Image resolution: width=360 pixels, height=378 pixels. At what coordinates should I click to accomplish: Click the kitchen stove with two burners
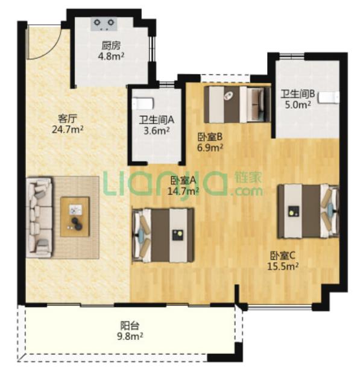click(104, 24)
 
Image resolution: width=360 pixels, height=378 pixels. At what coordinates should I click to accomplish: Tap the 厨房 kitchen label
click(111, 46)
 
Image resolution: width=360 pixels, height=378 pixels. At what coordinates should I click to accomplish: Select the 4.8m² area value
click(111, 56)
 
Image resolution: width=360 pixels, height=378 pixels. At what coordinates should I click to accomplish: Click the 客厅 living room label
click(68, 118)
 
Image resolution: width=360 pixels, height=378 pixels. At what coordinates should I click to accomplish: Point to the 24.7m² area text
click(68, 130)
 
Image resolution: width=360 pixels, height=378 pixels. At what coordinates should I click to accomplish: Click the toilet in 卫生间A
click(144, 103)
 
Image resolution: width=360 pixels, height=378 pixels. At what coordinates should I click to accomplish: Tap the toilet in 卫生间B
click(329, 98)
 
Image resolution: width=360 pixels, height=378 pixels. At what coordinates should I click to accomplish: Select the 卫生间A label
click(157, 120)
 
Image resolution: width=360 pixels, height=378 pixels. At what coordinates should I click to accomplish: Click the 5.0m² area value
click(297, 105)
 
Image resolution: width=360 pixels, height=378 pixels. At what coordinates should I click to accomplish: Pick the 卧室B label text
click(210, 137)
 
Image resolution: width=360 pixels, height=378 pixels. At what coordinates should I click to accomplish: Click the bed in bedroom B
click(237, 104)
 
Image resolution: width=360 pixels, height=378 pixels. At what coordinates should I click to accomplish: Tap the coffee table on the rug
click(75, 216)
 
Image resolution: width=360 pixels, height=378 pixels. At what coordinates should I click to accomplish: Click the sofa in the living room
click(39, 218)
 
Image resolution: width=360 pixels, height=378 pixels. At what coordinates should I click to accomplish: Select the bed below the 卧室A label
click(163, 235)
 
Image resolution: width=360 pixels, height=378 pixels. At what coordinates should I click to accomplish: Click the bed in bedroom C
click(308, 212)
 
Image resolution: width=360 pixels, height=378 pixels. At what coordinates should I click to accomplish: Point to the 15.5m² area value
click(283, 266)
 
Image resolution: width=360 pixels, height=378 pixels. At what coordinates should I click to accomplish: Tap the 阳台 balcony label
click(130, 326)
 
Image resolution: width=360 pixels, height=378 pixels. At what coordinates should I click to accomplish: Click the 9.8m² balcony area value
click(130, 336)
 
